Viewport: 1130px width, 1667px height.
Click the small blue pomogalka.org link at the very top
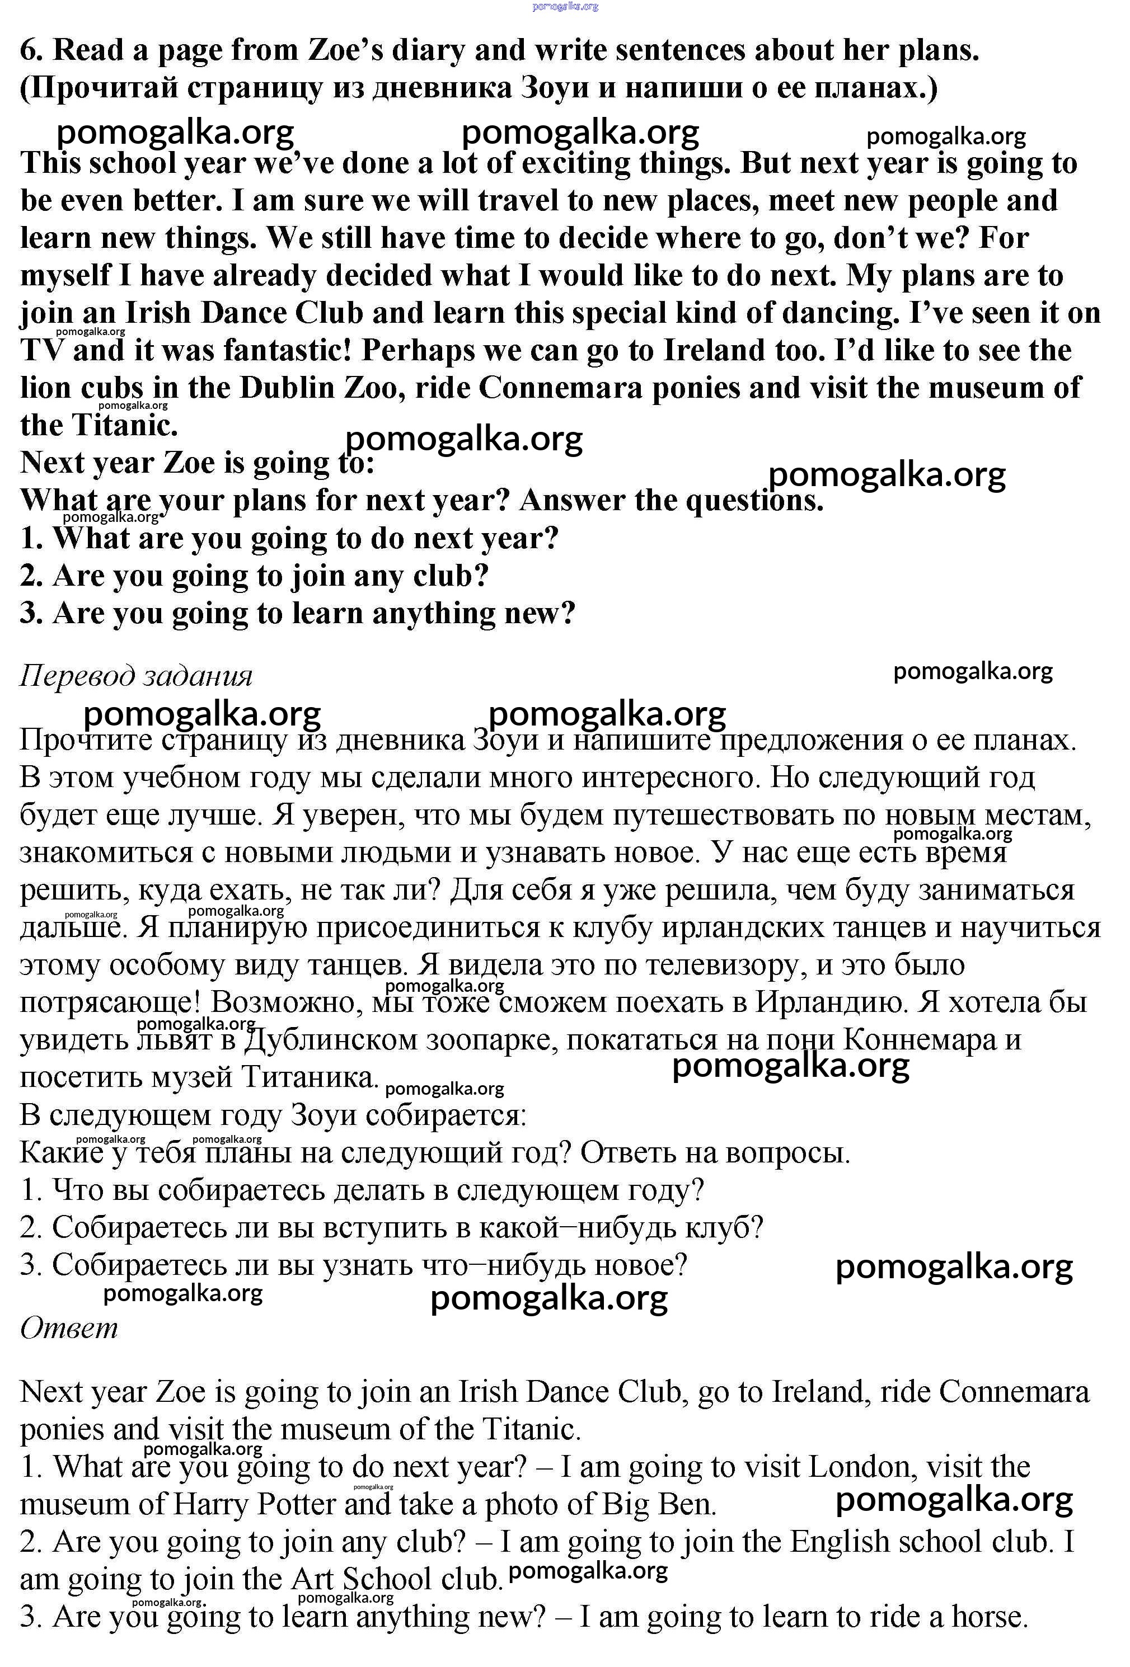565,7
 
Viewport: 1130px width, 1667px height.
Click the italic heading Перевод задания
137,676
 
